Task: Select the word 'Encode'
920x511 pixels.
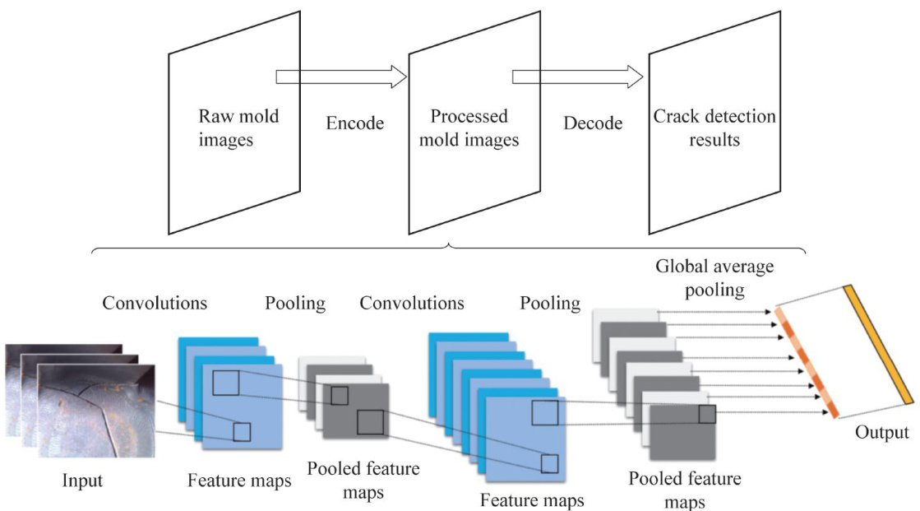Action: (354, 123)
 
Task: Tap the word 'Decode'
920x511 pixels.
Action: (593, 123)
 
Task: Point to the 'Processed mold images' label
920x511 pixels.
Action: (469, 128)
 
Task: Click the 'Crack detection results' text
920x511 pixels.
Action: (714, 128)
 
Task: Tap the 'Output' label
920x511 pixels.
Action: (881, 433)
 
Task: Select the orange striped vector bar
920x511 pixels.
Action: (807, 362)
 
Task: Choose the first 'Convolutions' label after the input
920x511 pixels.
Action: (155, 303)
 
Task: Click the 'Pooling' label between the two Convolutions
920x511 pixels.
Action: (295, 303)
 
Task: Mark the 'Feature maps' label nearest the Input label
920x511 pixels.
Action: (239, 481)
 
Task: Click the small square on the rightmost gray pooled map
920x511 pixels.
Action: (707, 414)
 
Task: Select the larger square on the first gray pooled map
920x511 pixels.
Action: (370, 422)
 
